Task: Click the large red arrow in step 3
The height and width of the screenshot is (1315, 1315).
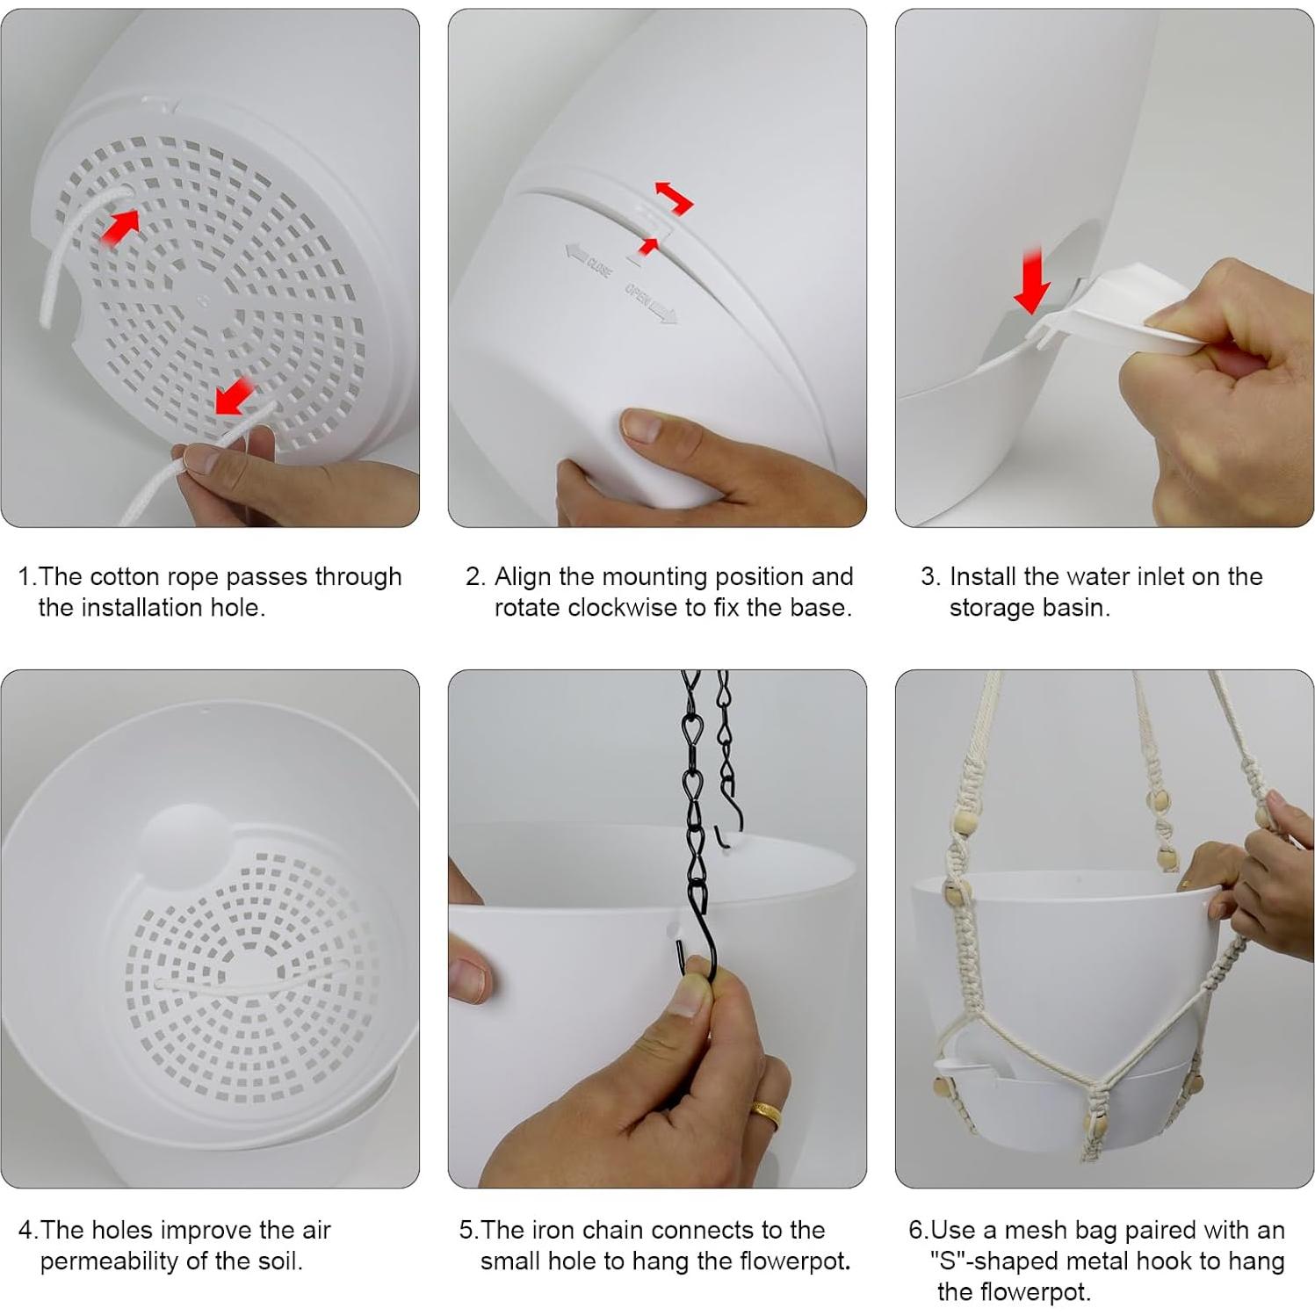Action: coord(1032,279)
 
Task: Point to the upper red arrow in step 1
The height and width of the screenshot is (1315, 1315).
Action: coord(119,227)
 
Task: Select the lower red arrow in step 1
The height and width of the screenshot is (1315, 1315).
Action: coord(235,397)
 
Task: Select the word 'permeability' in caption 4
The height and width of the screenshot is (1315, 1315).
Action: coord(108,1261)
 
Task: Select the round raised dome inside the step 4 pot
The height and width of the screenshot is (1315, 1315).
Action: coord(184,843)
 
